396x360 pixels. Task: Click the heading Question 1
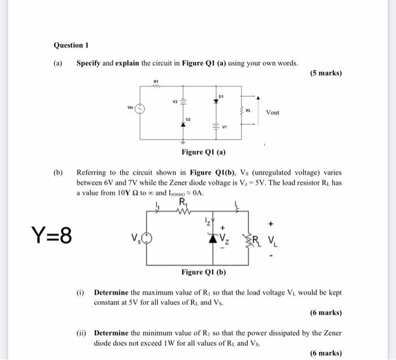click(x=71, y=45)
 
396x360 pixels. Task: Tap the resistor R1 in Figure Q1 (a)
click(x=157, y=87)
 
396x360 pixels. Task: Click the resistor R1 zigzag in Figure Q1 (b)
click(x=184, y=213)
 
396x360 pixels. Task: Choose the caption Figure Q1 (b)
click(x=204, y=272)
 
